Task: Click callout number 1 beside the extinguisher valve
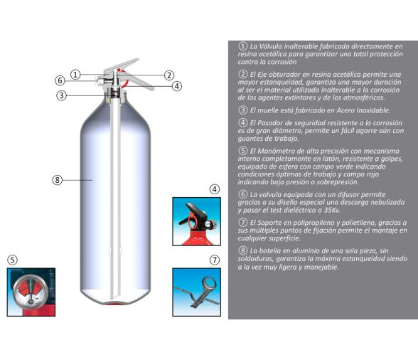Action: click(x=76, y=74)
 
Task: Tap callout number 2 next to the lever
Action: click(x=169, y=74)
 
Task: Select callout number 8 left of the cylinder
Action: click(x=58, y=180)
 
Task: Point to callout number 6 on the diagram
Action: click(x=60, y=80)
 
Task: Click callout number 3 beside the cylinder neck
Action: click(x=63, y=95)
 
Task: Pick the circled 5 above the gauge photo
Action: click(x=12, y=259)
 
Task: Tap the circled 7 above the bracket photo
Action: click(x=215, y=259)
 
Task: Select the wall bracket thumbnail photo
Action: click(x=197, y=292)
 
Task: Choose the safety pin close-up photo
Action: click(x=197, y=221)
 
